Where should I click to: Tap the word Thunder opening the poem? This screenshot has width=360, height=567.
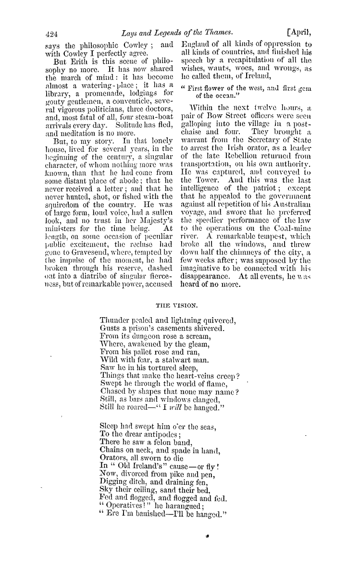pyautogui.click(x=113, y=321)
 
